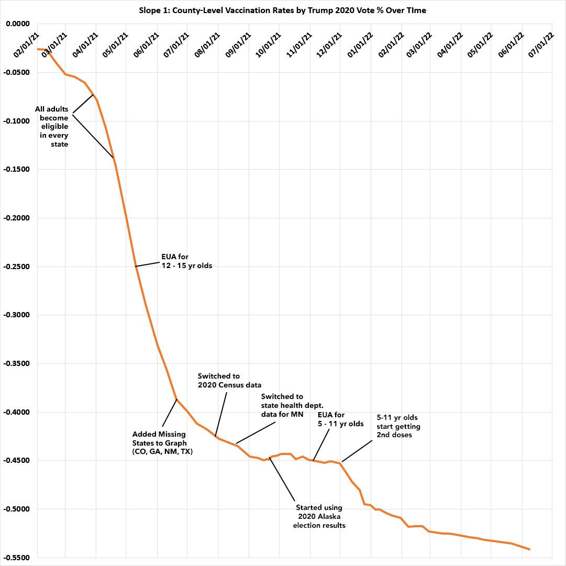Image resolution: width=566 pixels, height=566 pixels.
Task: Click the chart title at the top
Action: (283, 10)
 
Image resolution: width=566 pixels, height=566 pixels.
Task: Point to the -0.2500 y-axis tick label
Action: (18, 267)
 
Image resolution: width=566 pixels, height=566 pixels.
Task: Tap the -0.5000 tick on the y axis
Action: (18, 509)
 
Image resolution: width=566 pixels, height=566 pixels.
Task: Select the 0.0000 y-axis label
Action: (19, 24)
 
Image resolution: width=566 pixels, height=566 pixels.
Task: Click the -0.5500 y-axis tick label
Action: (18, 558)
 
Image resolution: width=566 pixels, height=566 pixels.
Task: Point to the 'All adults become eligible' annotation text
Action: (52, 127)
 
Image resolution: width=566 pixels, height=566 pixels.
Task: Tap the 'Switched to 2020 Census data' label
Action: (229, 381)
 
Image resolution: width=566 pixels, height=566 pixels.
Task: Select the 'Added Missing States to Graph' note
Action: (162, 442)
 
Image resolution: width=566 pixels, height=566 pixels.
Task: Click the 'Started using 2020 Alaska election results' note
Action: (320, 516)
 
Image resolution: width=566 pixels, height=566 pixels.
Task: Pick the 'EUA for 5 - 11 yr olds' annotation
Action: (341, 419)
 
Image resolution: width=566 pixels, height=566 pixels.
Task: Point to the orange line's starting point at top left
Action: (38, 49)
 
